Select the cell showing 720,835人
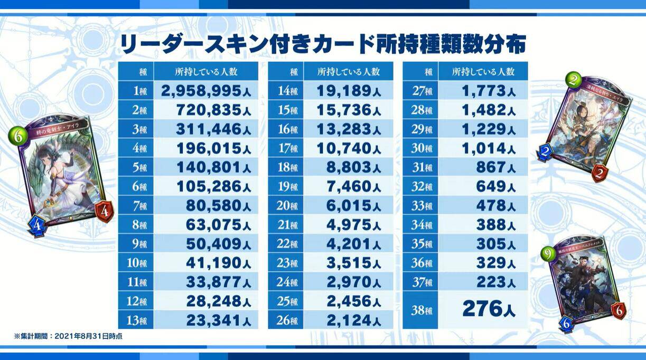(211, 109)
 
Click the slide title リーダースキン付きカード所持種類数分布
(323, 44)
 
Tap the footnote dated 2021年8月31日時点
(69, 336)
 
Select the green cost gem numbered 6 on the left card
(17, 137)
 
